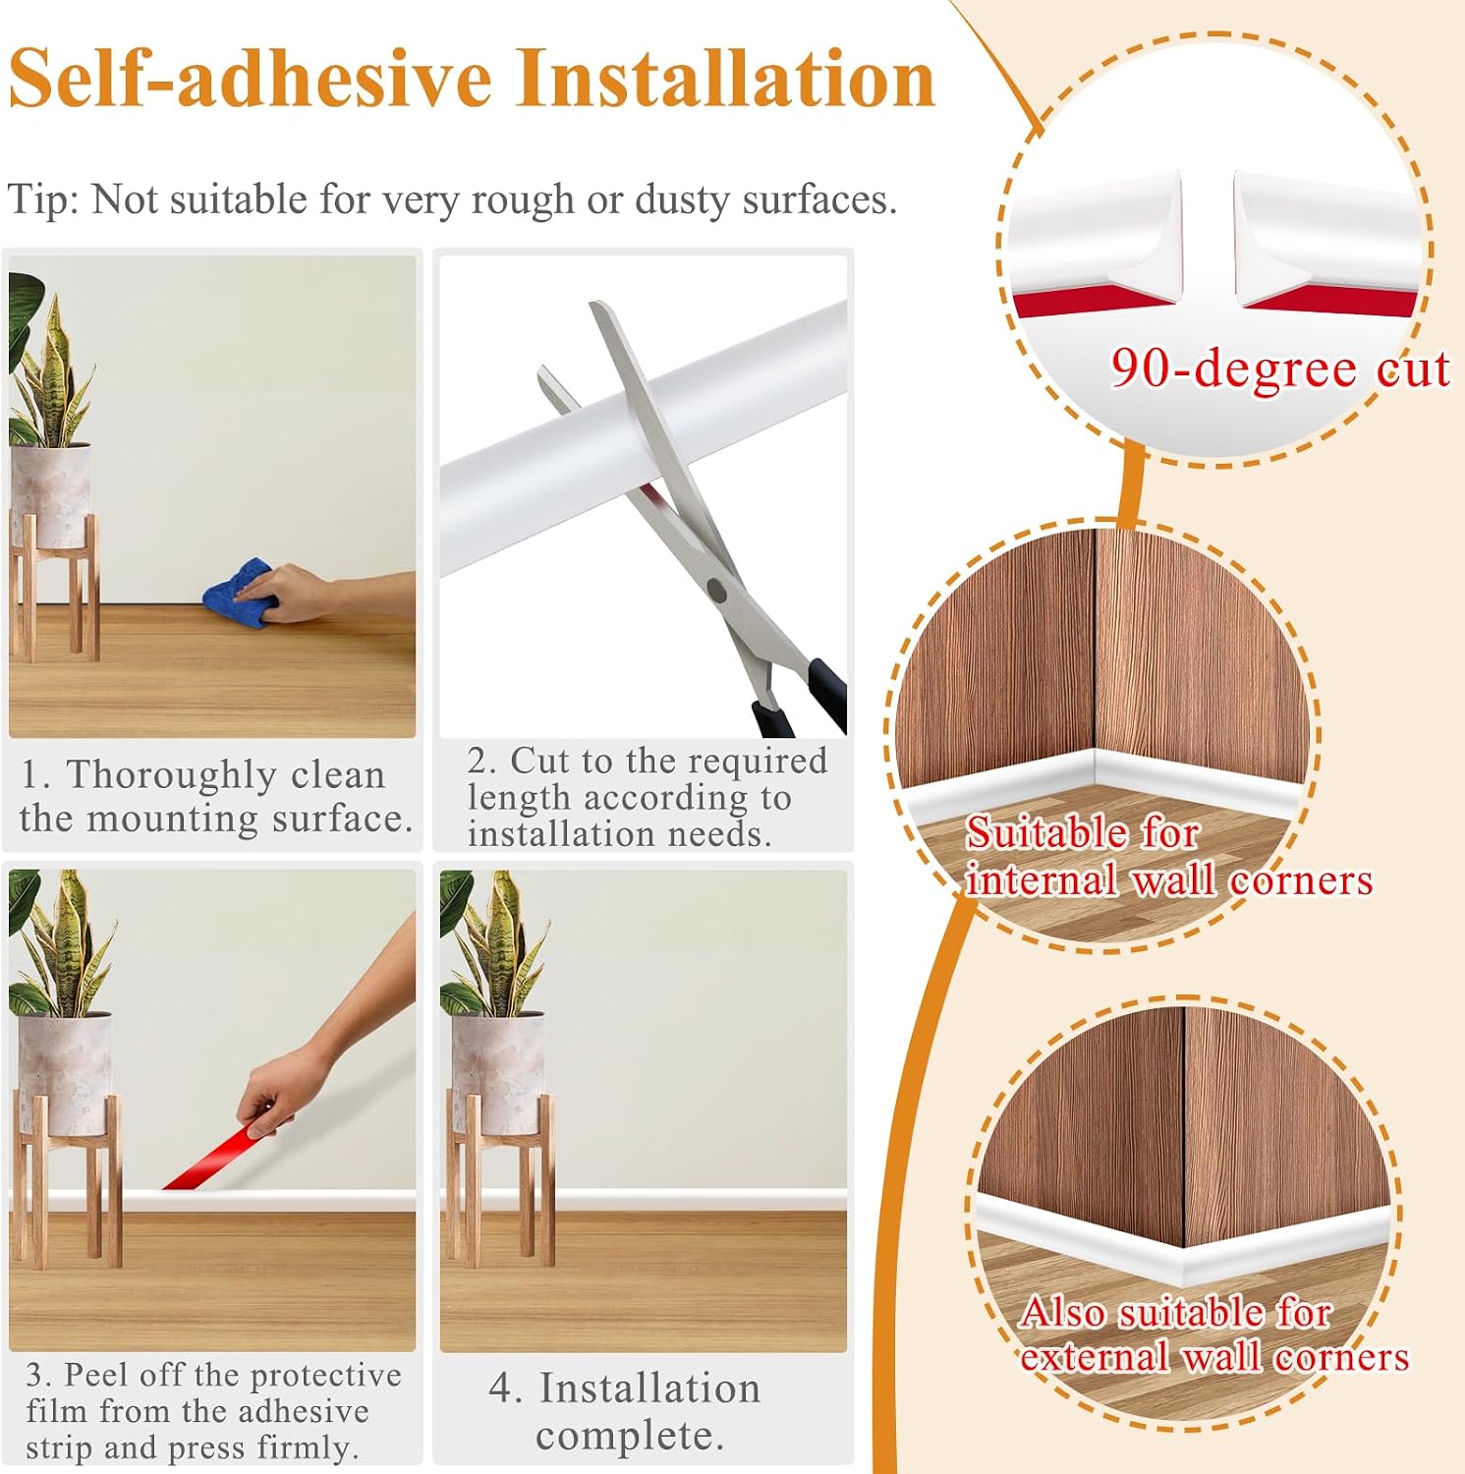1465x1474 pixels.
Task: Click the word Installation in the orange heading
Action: click(x=726, y=80)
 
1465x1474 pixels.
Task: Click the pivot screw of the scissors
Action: click(x=717, y=591)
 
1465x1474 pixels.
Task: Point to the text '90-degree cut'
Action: click(x=1279, y=369)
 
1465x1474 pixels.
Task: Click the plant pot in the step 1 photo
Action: click(x=50, y=494)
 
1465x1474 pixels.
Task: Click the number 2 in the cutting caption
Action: click(x=479, y=761)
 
